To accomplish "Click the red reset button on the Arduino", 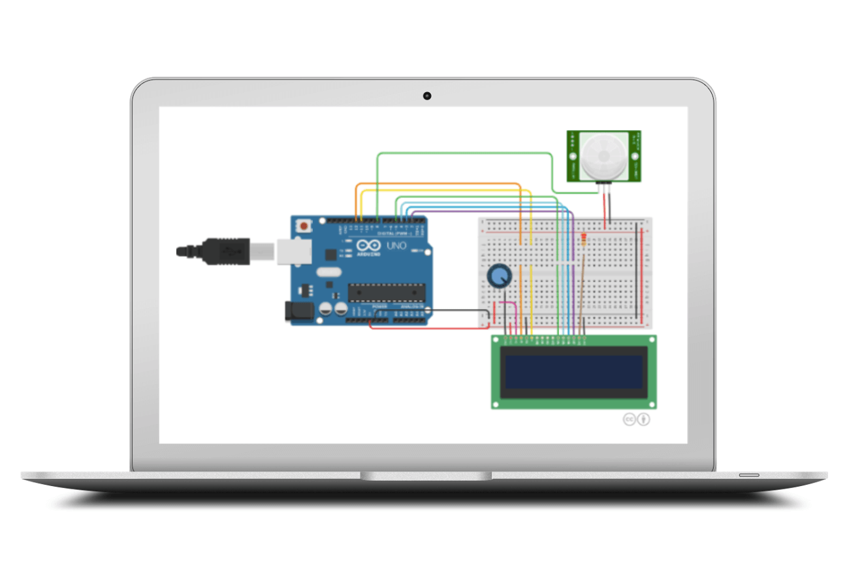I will [304, 226].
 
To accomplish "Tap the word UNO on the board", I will [396, 246].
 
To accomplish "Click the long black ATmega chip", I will [386, 292].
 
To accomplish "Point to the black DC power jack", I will [297, 312].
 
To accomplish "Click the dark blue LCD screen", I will [573, 371].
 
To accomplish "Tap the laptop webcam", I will [427, 96].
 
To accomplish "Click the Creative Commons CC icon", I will [630, 419].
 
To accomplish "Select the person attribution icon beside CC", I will [644, 419].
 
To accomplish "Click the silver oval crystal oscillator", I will [330, 273].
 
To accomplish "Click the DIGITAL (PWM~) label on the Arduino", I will [395, 233].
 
